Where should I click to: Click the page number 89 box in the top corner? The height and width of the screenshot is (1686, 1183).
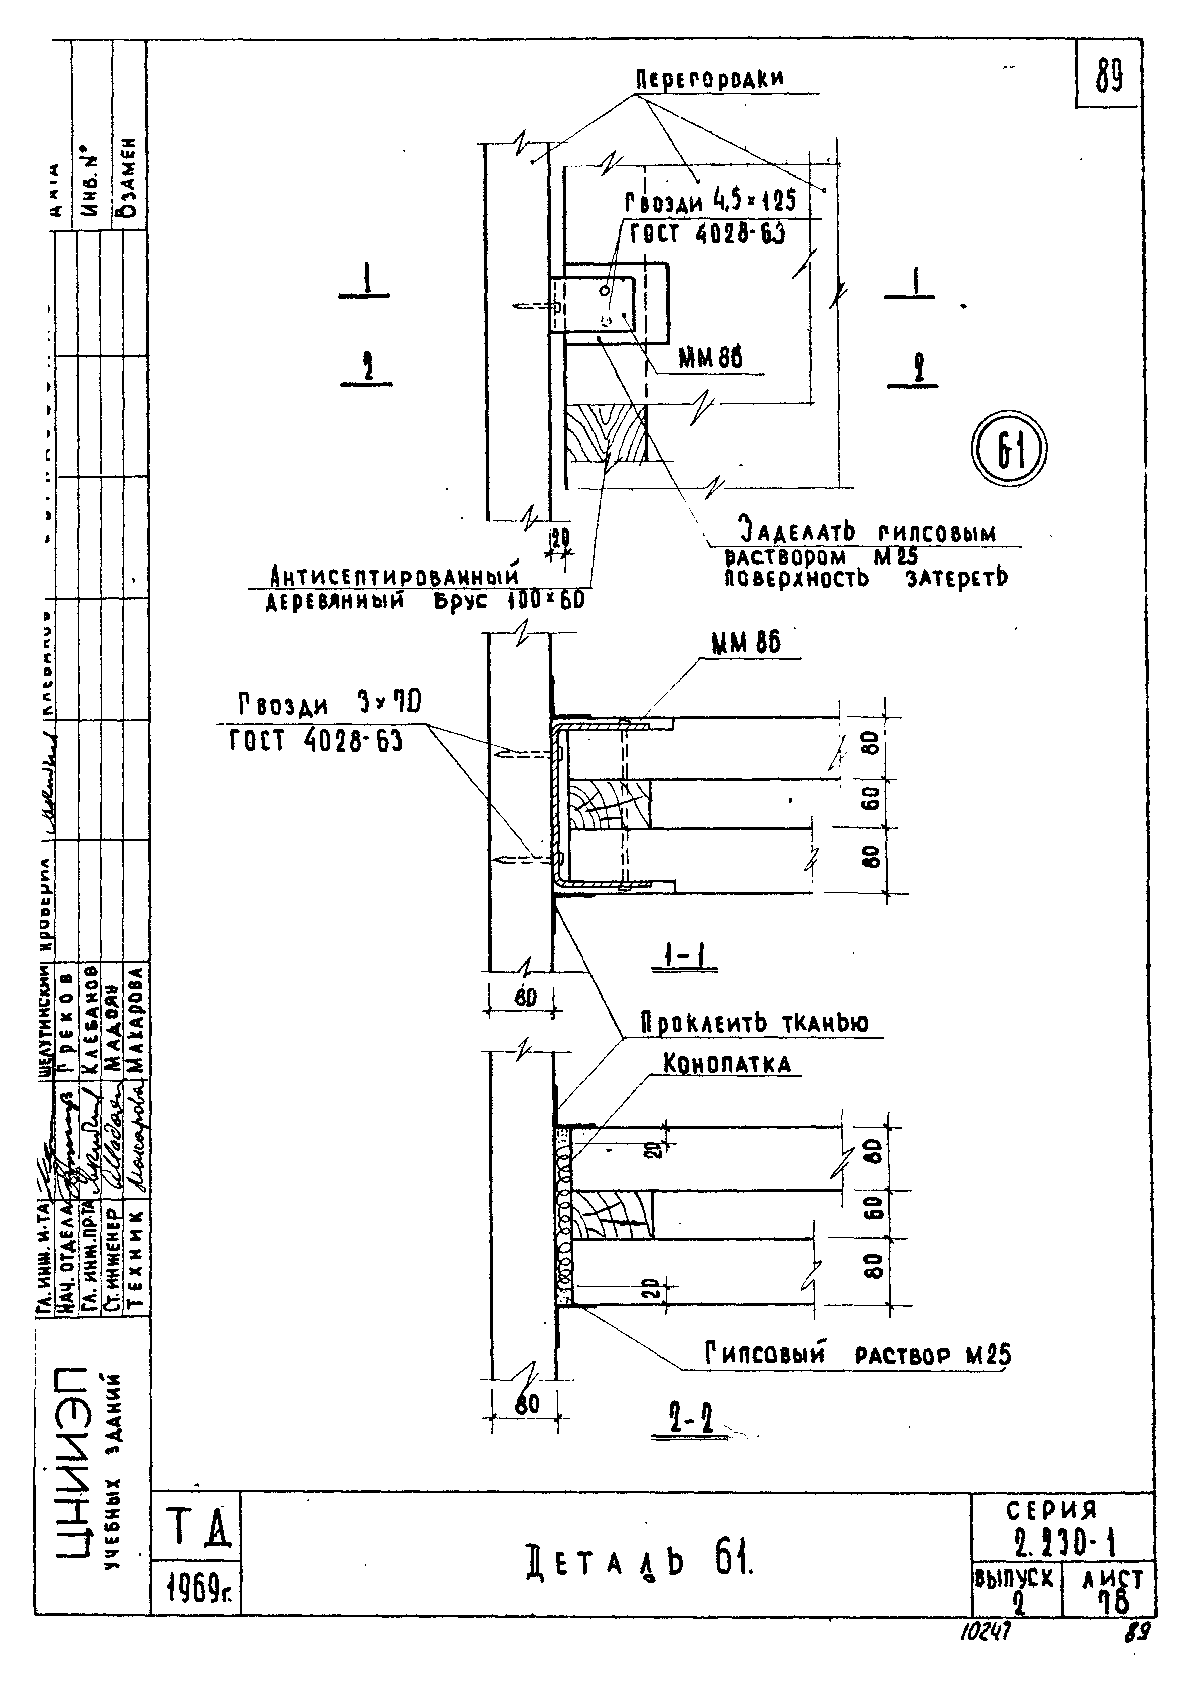coord(1109,76)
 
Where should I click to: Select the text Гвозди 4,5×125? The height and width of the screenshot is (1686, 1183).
coord(711,202)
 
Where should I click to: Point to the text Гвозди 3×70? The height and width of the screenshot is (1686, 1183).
coord(329,706)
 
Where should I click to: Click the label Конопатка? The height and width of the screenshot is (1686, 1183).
coord(727,1065)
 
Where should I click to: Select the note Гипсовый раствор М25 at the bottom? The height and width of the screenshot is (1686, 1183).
coord(857,1354)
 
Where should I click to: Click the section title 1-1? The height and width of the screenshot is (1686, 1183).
coord(683,956)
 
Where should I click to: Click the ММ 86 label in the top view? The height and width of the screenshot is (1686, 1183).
coord(709,359)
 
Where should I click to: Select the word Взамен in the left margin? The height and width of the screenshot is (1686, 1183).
coord(131,177)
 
